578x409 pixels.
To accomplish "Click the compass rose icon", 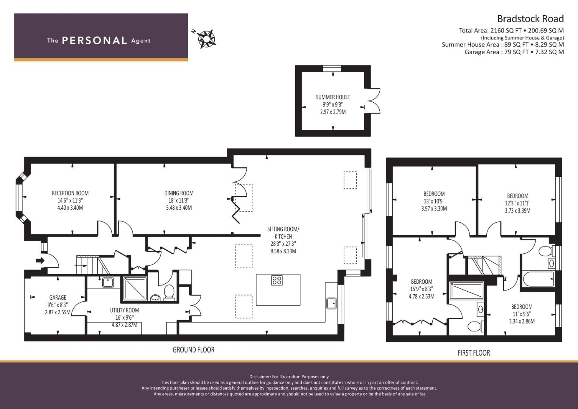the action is [206, 39].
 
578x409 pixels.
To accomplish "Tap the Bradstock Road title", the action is [530, 19].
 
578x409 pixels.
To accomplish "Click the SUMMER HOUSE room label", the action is [333, 97].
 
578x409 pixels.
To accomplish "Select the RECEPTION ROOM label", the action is [70, 193].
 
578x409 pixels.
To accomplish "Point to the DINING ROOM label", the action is [179, 193].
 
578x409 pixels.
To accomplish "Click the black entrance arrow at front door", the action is [40, 261].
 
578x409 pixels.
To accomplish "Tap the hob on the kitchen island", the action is [277, 280].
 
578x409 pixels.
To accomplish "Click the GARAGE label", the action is [58, 297].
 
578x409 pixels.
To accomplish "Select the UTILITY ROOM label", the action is [125, 310].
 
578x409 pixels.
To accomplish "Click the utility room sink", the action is [108, 283].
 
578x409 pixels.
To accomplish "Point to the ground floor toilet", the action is [169, 292].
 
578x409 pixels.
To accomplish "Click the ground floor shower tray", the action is [134, 289].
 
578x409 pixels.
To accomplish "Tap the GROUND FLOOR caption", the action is [193, 350].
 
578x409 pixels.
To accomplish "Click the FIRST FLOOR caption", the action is [474, 353].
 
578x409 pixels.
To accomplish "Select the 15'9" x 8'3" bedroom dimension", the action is [422, 289].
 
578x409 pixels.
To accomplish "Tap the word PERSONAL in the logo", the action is [95, 41].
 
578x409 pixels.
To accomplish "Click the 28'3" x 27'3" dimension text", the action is [284, 244].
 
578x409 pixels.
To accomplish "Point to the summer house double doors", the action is [373, 101].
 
